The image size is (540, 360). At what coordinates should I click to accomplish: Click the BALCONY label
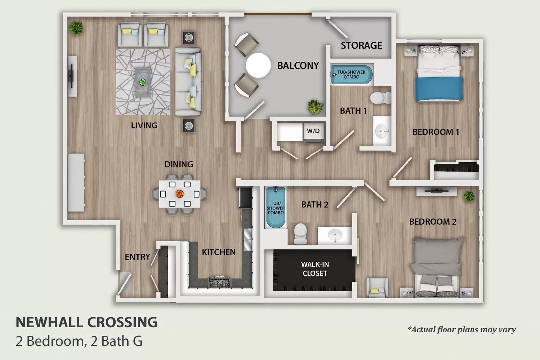[298, 65]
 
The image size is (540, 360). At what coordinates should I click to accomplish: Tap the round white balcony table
[259, 65]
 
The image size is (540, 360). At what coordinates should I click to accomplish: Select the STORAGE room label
[361, 45]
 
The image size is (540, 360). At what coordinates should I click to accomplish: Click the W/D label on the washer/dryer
[313, 131]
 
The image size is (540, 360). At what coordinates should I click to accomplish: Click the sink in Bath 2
[335, 234]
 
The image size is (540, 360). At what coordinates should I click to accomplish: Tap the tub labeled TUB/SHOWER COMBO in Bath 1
[352, 75]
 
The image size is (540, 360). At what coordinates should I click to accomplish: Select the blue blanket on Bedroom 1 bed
[439, 88]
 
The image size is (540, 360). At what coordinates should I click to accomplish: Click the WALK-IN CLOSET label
[315, 269]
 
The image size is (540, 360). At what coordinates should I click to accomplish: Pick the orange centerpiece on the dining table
[180, 194]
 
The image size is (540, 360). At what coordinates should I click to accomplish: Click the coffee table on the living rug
[143, 82]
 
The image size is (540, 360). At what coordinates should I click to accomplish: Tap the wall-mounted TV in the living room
[71, 76]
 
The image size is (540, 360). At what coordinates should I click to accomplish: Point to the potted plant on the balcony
[316, 107]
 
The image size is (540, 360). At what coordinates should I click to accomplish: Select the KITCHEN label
[219, 252]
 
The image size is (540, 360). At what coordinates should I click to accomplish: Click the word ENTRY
[137, 257]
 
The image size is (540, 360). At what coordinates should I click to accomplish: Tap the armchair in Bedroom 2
[377, 287]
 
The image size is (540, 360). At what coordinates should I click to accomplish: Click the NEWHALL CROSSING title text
[86, 322]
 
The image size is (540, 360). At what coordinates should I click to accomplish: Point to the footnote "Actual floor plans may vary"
[462, 329]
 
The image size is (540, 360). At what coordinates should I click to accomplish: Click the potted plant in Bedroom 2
[468, 196]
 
